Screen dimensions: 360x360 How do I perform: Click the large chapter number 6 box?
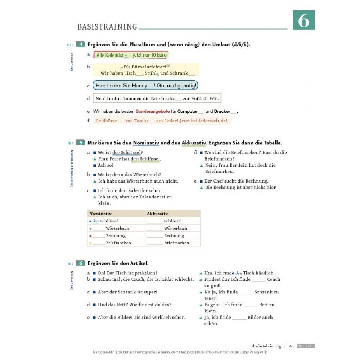pos(303,20)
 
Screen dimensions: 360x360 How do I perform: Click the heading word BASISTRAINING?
pos(107,27)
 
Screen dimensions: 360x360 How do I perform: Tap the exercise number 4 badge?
pos(81,45)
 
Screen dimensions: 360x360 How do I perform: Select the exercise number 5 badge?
pos(81,143)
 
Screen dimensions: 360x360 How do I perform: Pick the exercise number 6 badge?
pos(81,263)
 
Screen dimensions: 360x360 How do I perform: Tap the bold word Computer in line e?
pos(188,112)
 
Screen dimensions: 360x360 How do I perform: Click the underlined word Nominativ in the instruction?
pos(146,143)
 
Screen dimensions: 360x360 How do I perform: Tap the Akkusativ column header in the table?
pos(157,213)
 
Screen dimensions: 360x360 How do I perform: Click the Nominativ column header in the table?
pos(100,213)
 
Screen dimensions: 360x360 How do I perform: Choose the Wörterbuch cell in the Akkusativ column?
pos(176,228)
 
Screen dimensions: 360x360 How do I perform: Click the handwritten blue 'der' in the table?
pos(96,221)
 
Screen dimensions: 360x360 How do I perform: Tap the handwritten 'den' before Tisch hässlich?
pos(238,273)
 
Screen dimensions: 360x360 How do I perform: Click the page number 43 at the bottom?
pos(292,346)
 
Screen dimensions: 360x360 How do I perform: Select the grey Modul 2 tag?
pos(306,346)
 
